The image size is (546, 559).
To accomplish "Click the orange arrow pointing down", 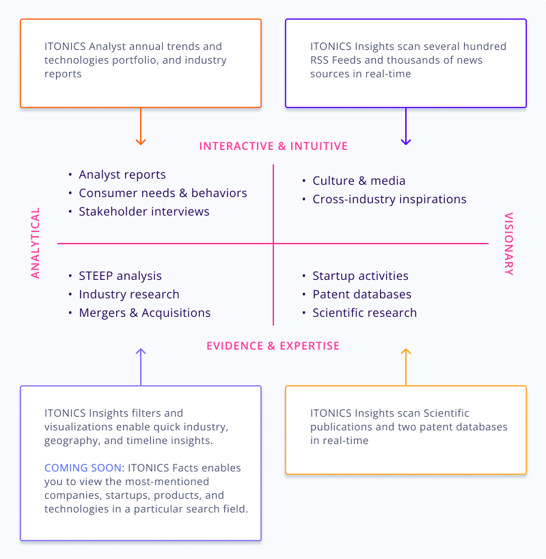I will [x=140, y=127].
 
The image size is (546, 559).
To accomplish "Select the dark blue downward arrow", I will [x=406, y=127].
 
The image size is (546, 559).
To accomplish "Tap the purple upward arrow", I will [x=140, y=367].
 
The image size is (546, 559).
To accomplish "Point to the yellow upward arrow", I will [x=406, y=367].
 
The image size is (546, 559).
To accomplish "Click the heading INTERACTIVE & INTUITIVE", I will [x=273, y=146].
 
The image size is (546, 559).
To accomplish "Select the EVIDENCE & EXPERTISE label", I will [x=273, y=346].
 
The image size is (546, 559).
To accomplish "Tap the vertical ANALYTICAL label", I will [x=36, y=243].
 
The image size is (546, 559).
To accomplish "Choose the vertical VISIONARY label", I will [x=509, y=244].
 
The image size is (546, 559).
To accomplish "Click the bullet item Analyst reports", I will [x=122, y=175].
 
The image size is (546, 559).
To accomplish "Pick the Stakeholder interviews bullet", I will [x=144, y=212].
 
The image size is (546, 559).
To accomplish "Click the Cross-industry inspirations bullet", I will [x=390, y=200].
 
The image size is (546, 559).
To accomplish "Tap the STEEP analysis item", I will [x=120, y=276].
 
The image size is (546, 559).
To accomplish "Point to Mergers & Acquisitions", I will [x=145, y=313].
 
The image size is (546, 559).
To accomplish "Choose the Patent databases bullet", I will [x=361, y=295].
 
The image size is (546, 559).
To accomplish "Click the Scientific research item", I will [x=364, y=313].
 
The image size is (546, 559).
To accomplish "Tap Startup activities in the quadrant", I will [x=360, y=276].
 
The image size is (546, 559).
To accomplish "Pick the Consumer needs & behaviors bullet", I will [x=163, y=194].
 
